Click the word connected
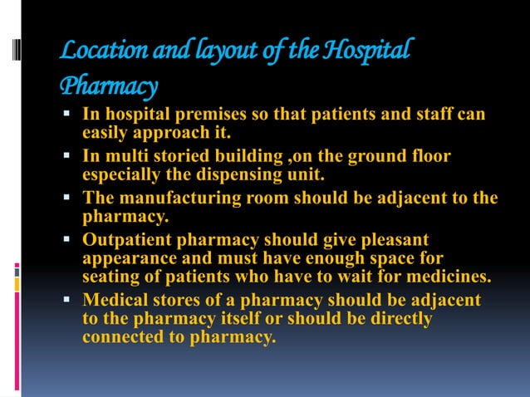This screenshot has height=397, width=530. (122, 337)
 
